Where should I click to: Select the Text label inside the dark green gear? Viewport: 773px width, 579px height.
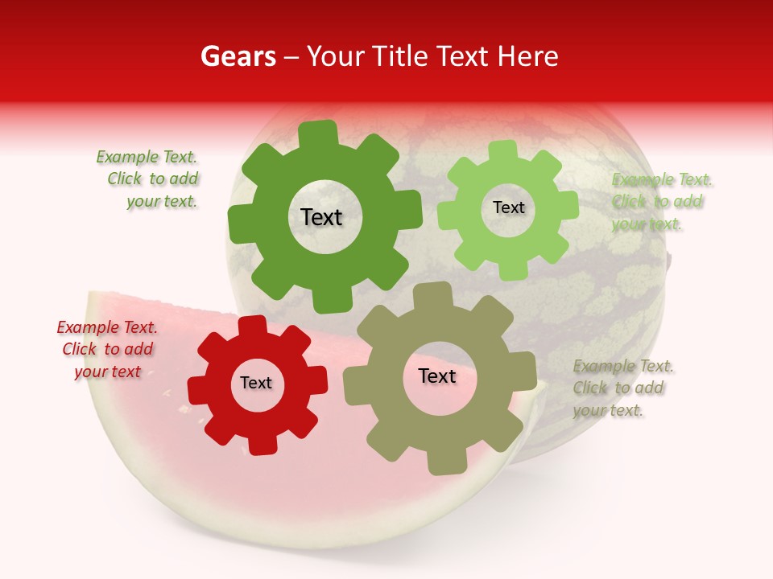[321, 217]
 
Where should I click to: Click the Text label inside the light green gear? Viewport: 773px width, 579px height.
[508, 207]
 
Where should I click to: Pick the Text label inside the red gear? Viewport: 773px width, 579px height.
[256, 384]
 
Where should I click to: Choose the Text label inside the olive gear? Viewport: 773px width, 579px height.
[437, 376]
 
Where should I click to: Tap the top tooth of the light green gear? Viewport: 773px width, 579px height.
[503, 151]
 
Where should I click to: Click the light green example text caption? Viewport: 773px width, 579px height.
[660, 202]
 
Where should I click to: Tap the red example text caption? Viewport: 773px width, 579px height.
[108, 349]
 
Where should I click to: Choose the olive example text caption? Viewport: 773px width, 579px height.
[622, 388]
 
